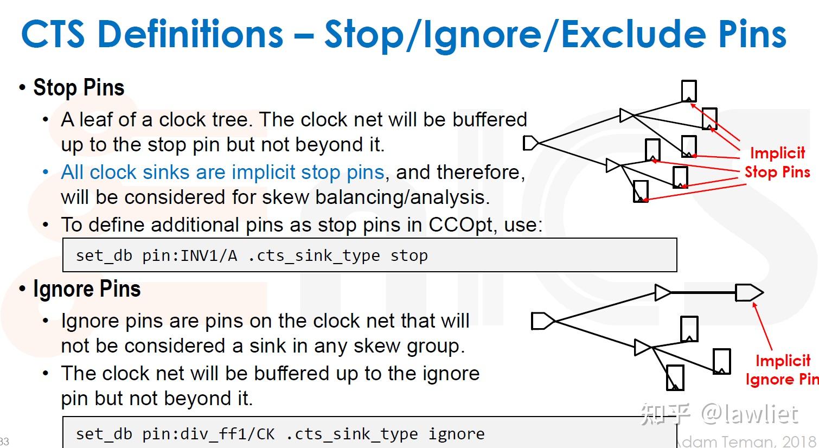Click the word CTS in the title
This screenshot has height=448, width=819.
pos(53,34)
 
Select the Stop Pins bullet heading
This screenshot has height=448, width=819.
pos(79,87)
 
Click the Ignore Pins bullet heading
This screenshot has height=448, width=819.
pos(87,289)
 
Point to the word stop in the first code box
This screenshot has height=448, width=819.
pos(409,255)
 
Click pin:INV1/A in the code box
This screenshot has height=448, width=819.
pos(189,255)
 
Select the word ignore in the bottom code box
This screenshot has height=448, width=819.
pos(456,434)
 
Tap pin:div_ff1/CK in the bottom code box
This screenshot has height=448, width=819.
pos(208,434)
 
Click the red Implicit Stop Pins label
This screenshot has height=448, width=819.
pos(777,162)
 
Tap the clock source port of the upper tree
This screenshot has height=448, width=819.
pos(530,143)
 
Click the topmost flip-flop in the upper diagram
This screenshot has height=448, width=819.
pos(689,91)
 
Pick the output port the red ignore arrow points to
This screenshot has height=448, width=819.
pos(749,292)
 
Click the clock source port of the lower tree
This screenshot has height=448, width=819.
pos(543,321)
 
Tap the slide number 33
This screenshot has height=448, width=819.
pos(4,441)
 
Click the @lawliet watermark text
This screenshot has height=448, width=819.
pos(750,414)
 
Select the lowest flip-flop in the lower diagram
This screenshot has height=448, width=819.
pos(675,378)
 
